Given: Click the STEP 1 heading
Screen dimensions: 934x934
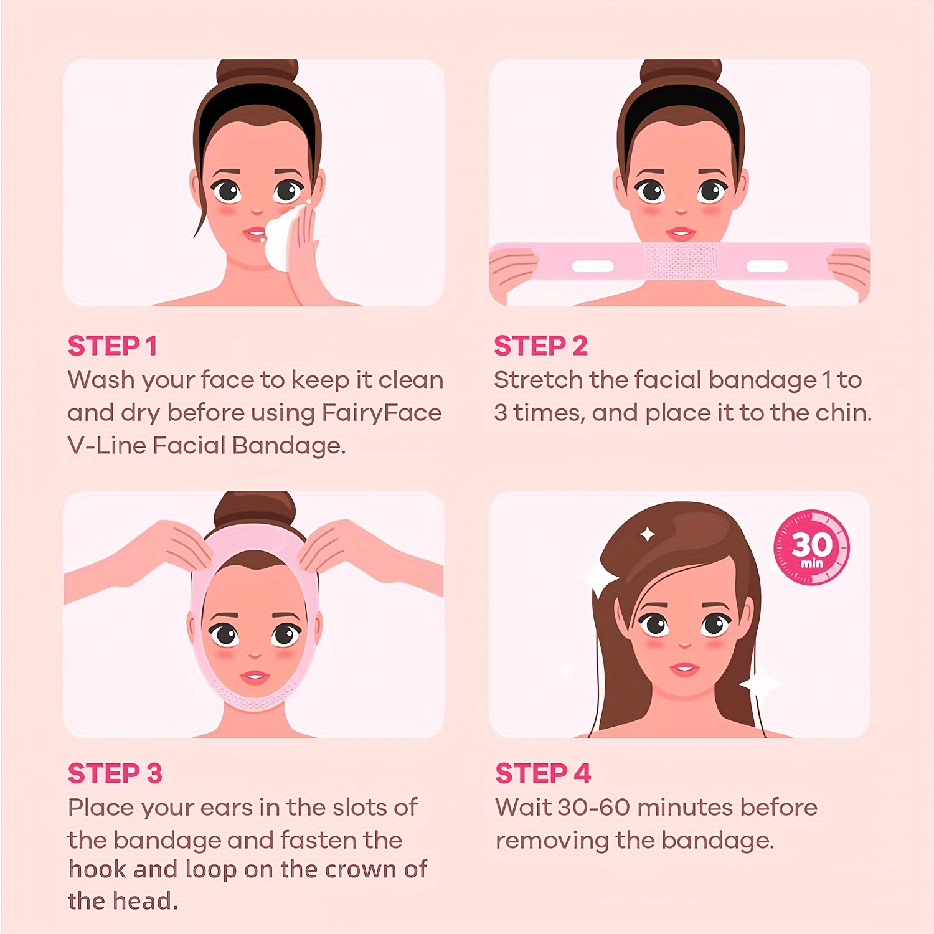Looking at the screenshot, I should (x=112, y=346).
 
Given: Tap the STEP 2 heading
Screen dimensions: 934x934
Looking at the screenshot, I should (x=540, y=346).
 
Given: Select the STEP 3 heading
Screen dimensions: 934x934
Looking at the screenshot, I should (x=115, y=773).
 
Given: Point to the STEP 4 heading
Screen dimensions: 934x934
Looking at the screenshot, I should (x=542, y=773).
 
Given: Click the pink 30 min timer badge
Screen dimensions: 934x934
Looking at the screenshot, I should (x=811, y=548).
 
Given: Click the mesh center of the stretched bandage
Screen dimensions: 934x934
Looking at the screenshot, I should (x=680, y=262).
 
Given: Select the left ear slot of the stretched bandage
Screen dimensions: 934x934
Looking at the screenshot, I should (x=592, y=267).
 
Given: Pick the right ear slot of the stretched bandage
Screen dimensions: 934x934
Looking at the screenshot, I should (x=767, y=267).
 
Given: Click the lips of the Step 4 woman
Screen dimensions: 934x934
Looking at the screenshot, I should (x=684, y=670).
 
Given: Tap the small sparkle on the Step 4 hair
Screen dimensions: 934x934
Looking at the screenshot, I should (x=647, y=534).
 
